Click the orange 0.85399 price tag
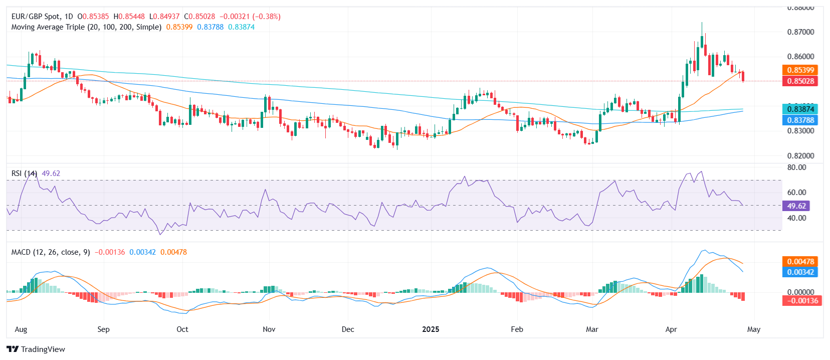[x=800, y=70]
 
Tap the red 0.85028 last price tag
[x=800, y=81]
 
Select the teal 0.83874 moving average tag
[x=800, y=109]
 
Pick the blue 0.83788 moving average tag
[x=800, y=120]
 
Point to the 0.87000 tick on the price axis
[x=800, y=32]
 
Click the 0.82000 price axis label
[x=800, y=155]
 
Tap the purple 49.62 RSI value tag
[x=796, y=206]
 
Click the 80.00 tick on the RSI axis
[x=796, y=167]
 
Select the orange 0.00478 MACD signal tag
[x=800, y=261]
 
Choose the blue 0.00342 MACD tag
[x=800, y=272]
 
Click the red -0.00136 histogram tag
[x=802, y=301]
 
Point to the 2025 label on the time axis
[x=431, y=329]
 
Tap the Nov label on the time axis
[x=269, y=329]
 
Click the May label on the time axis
[x=753, y=329]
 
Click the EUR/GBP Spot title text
[x=36, y=17]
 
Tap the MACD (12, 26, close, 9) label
[x=51, y=252]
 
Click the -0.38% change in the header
[x=266, y=17]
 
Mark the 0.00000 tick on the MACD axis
[x=800, y=292]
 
